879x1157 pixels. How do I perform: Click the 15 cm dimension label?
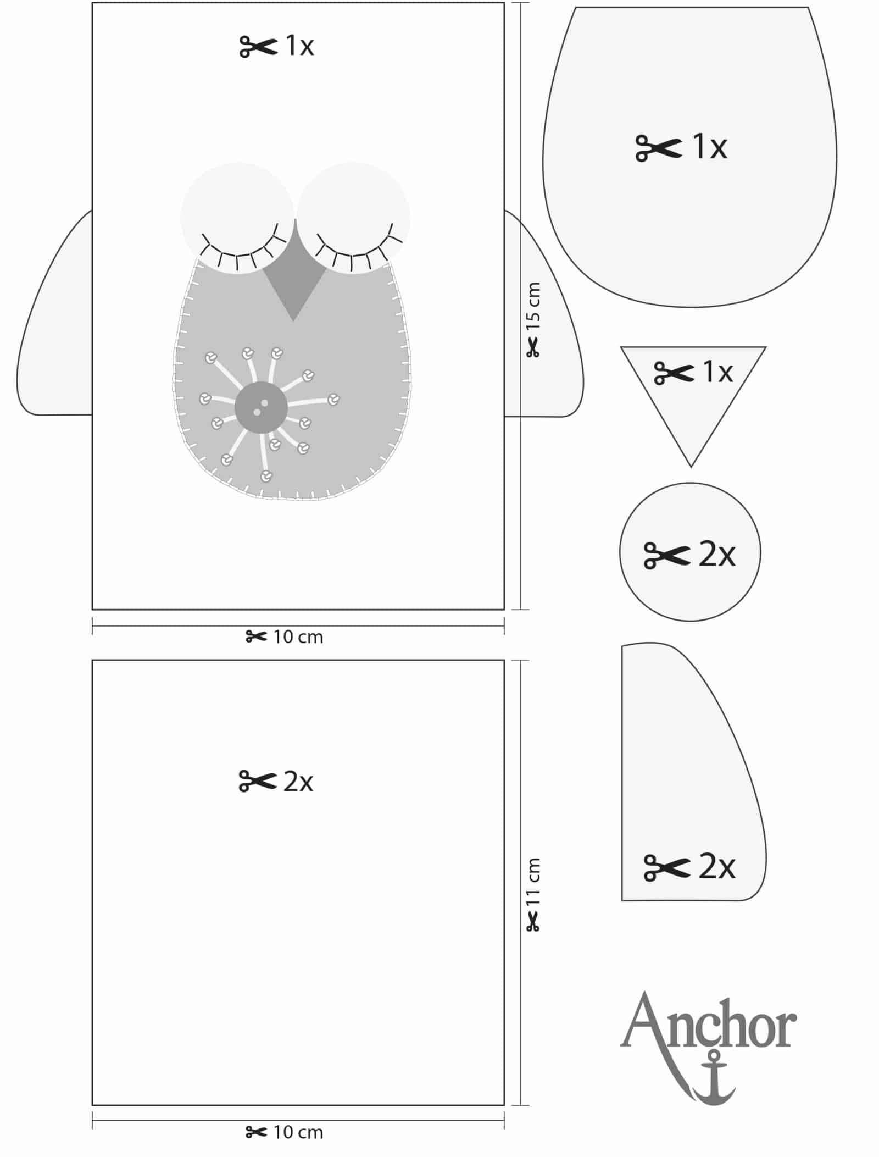coord(533,306)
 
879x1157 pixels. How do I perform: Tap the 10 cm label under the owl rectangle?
coord(298,637)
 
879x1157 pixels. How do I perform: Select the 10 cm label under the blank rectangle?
coord(298,1132)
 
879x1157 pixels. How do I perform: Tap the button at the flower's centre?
coord(261,407)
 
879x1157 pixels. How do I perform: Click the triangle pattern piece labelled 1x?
coord(693,396)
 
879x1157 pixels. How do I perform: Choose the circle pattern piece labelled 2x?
coord(690,552)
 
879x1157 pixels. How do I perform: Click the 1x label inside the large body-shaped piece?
coord(710,147)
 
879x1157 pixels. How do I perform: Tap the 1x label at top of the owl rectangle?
coord(299,46)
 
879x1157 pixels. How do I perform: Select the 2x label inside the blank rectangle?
coord(298,782)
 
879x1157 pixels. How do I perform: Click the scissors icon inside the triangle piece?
coord(674,373)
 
